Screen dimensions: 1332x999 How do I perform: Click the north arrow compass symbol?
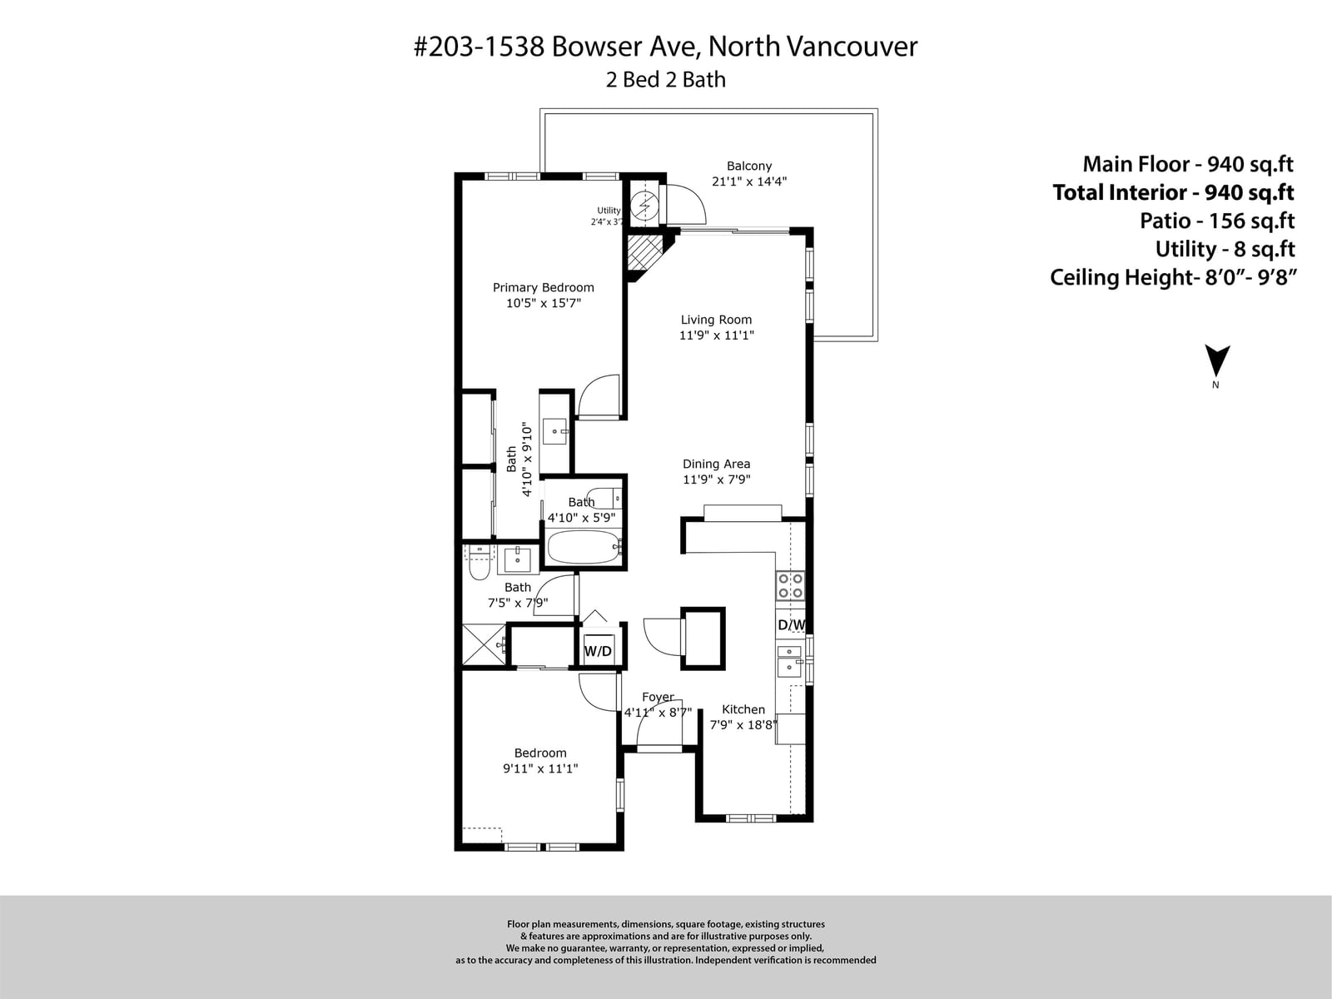pos(1217,361)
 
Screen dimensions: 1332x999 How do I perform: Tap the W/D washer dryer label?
pos(598,652)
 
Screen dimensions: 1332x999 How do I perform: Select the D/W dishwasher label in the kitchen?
pos(792,624)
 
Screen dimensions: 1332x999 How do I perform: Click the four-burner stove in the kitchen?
pos(791,586)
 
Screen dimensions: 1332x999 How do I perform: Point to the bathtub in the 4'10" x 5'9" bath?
pos(584,547)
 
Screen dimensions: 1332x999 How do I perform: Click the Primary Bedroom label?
pos(543,287)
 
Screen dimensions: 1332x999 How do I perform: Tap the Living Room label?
pos(716,320)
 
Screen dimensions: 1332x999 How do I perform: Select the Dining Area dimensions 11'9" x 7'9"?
pos(717,480)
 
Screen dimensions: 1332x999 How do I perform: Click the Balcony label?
pos(749,166)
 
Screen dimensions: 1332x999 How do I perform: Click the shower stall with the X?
pos(483,644)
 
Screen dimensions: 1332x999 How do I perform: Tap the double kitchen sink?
pos(789,660)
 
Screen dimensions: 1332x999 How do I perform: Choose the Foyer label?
pos(658,698)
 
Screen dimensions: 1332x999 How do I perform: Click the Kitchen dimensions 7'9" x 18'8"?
pos(743,725)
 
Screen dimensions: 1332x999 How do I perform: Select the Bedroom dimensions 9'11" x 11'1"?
pos(540,768)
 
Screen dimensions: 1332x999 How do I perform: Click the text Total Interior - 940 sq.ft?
pos(1174,192)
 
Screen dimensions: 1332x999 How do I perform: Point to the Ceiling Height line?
pos(1174,277)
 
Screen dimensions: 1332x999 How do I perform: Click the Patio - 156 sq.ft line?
pos(1217,220)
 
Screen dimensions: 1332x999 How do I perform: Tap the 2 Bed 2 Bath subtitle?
pos(666,79)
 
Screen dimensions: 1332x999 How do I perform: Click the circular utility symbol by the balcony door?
pos(644,206)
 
